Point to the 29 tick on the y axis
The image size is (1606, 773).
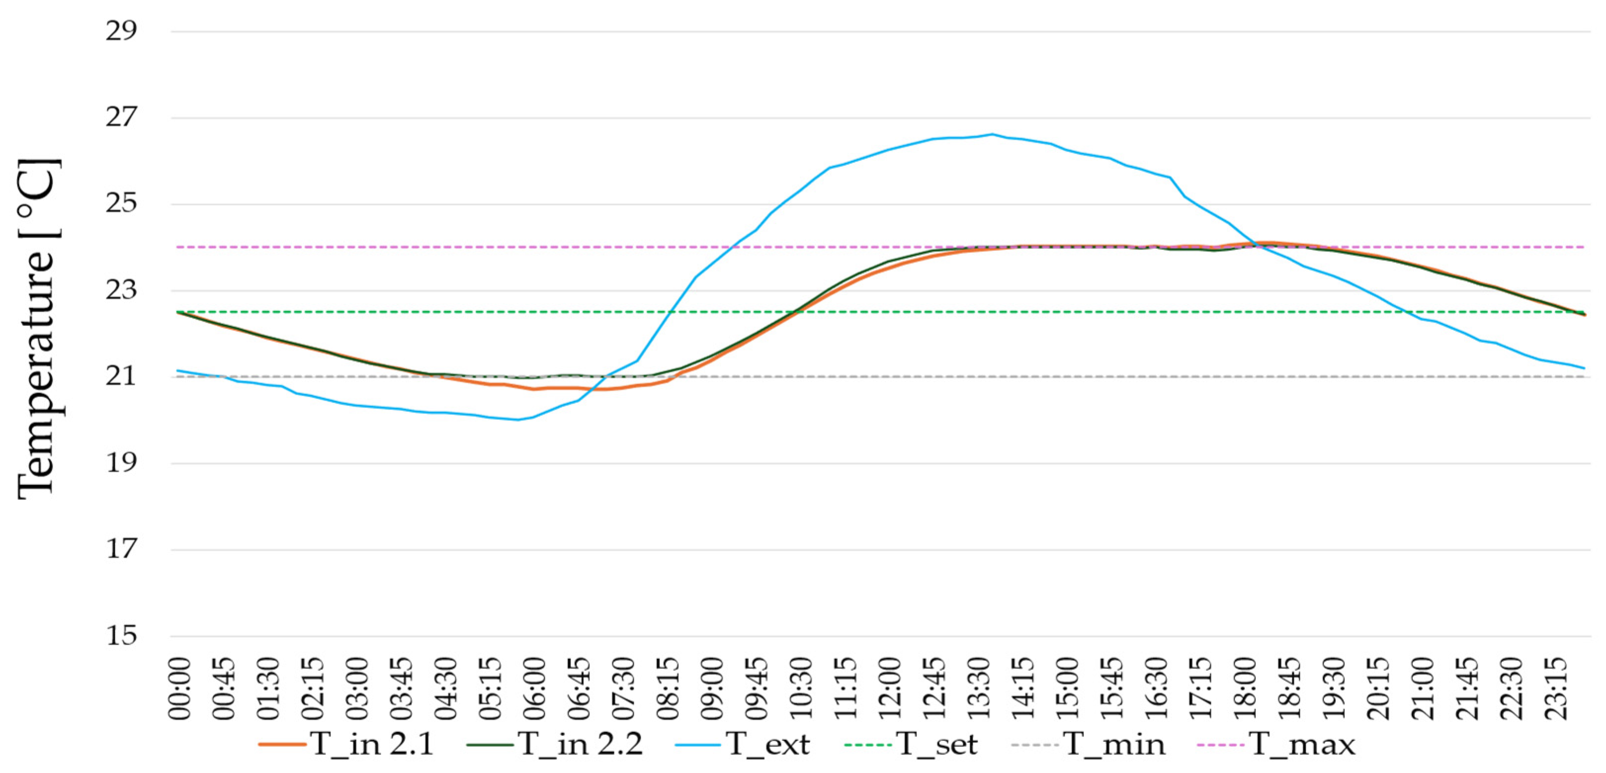tap(121, 31)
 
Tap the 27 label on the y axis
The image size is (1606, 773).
tap(121, 117)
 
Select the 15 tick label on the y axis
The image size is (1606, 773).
tap(121, 636)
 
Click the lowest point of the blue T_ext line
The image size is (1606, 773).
tap(517, 419)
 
